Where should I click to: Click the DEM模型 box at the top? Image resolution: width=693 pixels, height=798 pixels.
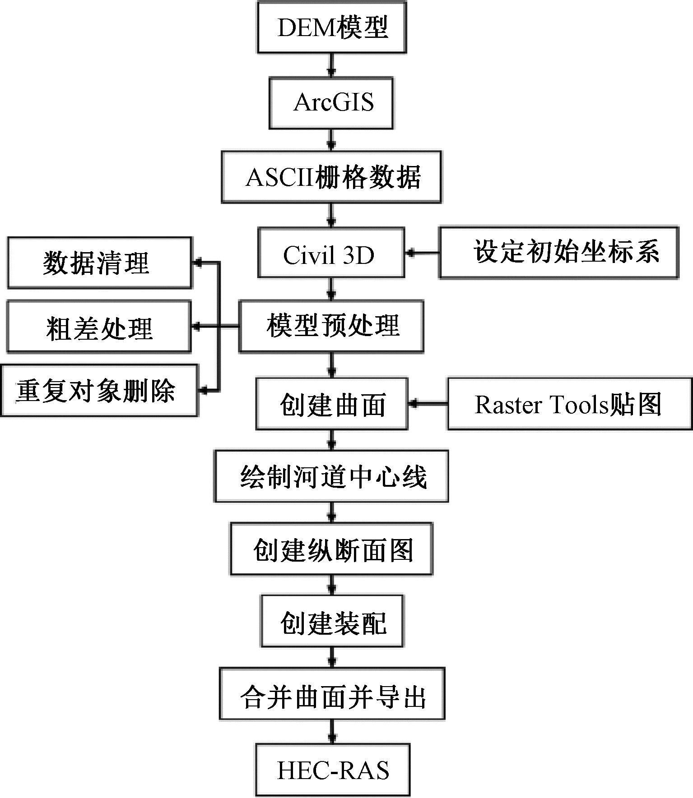332,27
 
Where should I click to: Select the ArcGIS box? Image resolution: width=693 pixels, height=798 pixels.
331,103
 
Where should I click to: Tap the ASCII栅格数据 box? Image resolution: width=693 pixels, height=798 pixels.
331,177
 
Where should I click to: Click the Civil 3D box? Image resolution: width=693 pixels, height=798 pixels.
331,252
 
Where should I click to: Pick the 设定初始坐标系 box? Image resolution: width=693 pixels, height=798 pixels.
558,252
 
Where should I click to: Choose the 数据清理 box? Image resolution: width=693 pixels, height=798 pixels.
99,263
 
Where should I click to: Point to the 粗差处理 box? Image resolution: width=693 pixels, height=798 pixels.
99,327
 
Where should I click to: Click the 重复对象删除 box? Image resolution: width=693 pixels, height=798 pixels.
99,391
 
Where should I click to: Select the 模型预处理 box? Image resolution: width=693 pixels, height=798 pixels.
331,326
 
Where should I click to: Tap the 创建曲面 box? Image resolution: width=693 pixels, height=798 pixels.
332,403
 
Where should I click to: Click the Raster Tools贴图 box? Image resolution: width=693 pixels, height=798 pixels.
570,403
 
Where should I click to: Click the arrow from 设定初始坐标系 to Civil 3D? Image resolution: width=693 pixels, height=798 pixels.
422,253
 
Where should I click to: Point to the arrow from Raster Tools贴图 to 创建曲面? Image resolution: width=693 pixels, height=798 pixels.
428,404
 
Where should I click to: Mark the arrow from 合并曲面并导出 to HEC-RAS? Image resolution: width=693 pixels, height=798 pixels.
332,731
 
